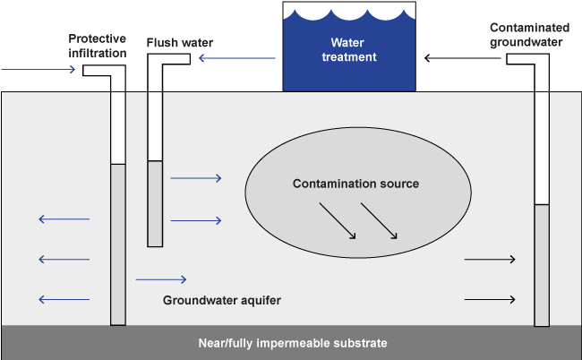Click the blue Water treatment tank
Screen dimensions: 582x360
point(349,50)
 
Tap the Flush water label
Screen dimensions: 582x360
point(180,43)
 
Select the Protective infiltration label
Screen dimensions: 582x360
point(98,46)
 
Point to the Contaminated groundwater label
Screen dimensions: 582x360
point(529,35)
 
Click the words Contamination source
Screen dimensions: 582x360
point(355,184)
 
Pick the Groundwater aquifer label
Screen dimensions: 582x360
point(221,300)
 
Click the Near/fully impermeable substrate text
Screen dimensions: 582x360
point(293,343)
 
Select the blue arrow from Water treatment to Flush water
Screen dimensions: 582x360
point(237,58)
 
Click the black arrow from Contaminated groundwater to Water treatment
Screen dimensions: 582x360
point(463,58)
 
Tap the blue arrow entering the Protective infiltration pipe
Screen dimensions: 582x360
point(39,69)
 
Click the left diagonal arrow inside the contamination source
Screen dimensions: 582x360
point(338,221)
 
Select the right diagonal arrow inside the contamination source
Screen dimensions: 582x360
point(379,221)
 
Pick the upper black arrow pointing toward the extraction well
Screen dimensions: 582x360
point(490,259)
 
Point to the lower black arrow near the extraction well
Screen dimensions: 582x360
point(490,299)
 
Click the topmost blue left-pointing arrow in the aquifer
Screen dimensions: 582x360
point(64,219)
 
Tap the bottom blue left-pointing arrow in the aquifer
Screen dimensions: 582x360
point(64,299)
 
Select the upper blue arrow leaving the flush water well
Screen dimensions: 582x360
point(196,178)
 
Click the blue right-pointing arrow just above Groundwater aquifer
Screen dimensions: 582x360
point(161,279)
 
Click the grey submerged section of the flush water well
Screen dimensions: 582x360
point(155,204)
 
